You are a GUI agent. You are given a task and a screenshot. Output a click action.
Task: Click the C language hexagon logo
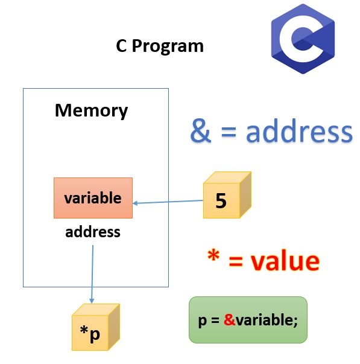point(302,39)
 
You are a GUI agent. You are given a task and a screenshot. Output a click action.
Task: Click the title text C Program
point(160,46)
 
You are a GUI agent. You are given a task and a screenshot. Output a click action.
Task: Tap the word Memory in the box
point(92,110)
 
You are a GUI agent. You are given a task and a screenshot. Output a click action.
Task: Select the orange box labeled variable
point(93,198)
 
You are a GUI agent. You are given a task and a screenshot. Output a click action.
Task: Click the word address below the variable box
point(93,231)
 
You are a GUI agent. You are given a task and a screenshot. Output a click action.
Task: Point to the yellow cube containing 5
point(226,196)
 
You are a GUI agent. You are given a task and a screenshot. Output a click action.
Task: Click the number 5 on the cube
point(221,201)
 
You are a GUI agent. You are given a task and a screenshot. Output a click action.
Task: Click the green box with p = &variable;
point(248,320)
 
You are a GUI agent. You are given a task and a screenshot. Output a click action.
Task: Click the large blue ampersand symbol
point(201,131)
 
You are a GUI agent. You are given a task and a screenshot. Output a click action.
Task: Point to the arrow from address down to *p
point(92,272)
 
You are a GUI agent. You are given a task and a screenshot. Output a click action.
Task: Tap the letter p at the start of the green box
point(202,321)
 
